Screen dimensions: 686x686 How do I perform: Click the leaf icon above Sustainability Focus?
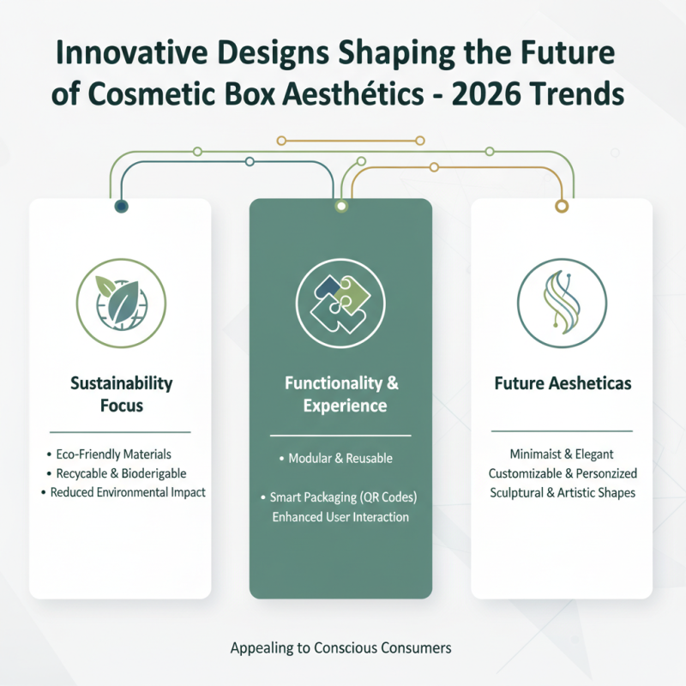pos(120,295)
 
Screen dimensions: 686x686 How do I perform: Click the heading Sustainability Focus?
pos(120,393)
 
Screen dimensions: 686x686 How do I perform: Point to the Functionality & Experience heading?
pos(340,394)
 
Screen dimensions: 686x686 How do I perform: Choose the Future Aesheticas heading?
pos(563,383)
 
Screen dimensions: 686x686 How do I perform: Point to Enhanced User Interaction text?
pos(340,517)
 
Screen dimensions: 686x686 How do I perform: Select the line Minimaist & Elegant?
pos(563,453)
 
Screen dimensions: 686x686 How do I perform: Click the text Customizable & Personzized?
pos(563,473)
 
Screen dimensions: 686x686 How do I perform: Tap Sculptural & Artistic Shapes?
pos(563,493)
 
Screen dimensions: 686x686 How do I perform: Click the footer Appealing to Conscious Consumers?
pos(340,648)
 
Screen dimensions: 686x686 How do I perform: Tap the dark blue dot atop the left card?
pos(121,206)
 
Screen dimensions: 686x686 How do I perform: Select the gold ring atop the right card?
pos(563,206)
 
